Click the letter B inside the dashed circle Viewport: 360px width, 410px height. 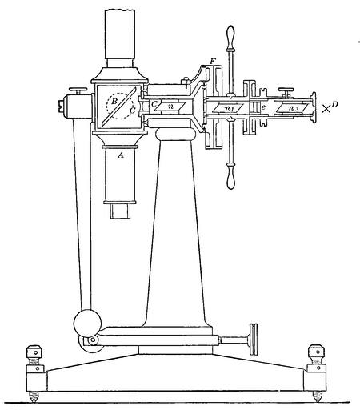coord(114,101)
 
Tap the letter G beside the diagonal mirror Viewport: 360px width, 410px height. coord(133,111)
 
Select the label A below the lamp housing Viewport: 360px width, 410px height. coord(121,155)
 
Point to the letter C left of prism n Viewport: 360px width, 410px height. coord(154,104)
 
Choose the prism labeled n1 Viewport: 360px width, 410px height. coord(228,108)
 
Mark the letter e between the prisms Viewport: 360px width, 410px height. coord(263,107)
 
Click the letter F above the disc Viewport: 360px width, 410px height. coord(213,62)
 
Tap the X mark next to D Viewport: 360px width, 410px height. coord(326,109)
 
